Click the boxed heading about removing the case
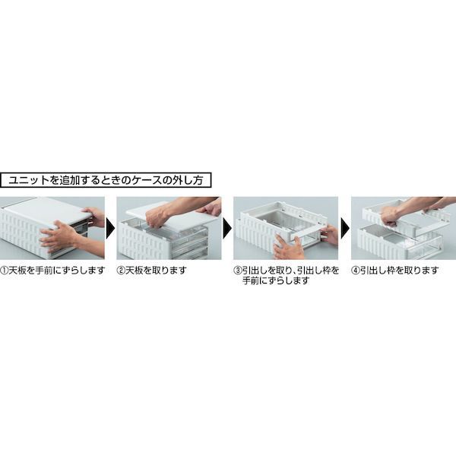coord(106,180)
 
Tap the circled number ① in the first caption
coord(5,271)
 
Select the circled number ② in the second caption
coord(121,271)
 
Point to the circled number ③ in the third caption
coord(238,271)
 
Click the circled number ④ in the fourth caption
coord(356,271)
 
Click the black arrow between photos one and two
coord(111,229)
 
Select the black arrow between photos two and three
coord(227,229)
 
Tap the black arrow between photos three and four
coord(345,229)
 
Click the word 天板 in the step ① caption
coord(17,271)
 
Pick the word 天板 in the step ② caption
coord(134,271)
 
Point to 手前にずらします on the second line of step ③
coord(275,281)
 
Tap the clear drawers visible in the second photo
coord(189,243)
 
